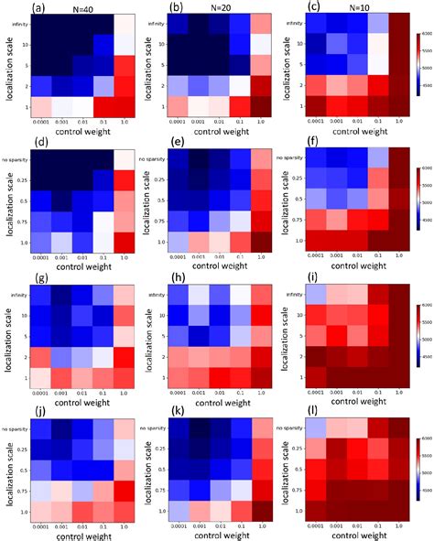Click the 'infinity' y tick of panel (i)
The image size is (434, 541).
click(298, 295)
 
